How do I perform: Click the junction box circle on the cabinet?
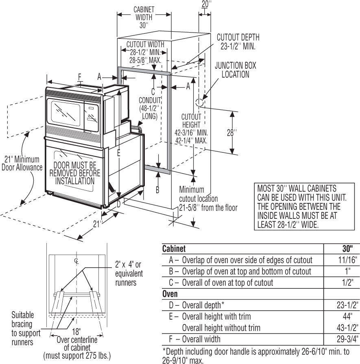[199, 102]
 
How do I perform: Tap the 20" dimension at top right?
[206, 4]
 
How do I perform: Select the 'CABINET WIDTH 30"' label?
[144, 17]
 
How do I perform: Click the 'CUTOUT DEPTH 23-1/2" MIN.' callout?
[238, 42]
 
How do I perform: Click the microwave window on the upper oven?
[65, 113]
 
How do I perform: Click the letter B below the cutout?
[158, 189]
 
